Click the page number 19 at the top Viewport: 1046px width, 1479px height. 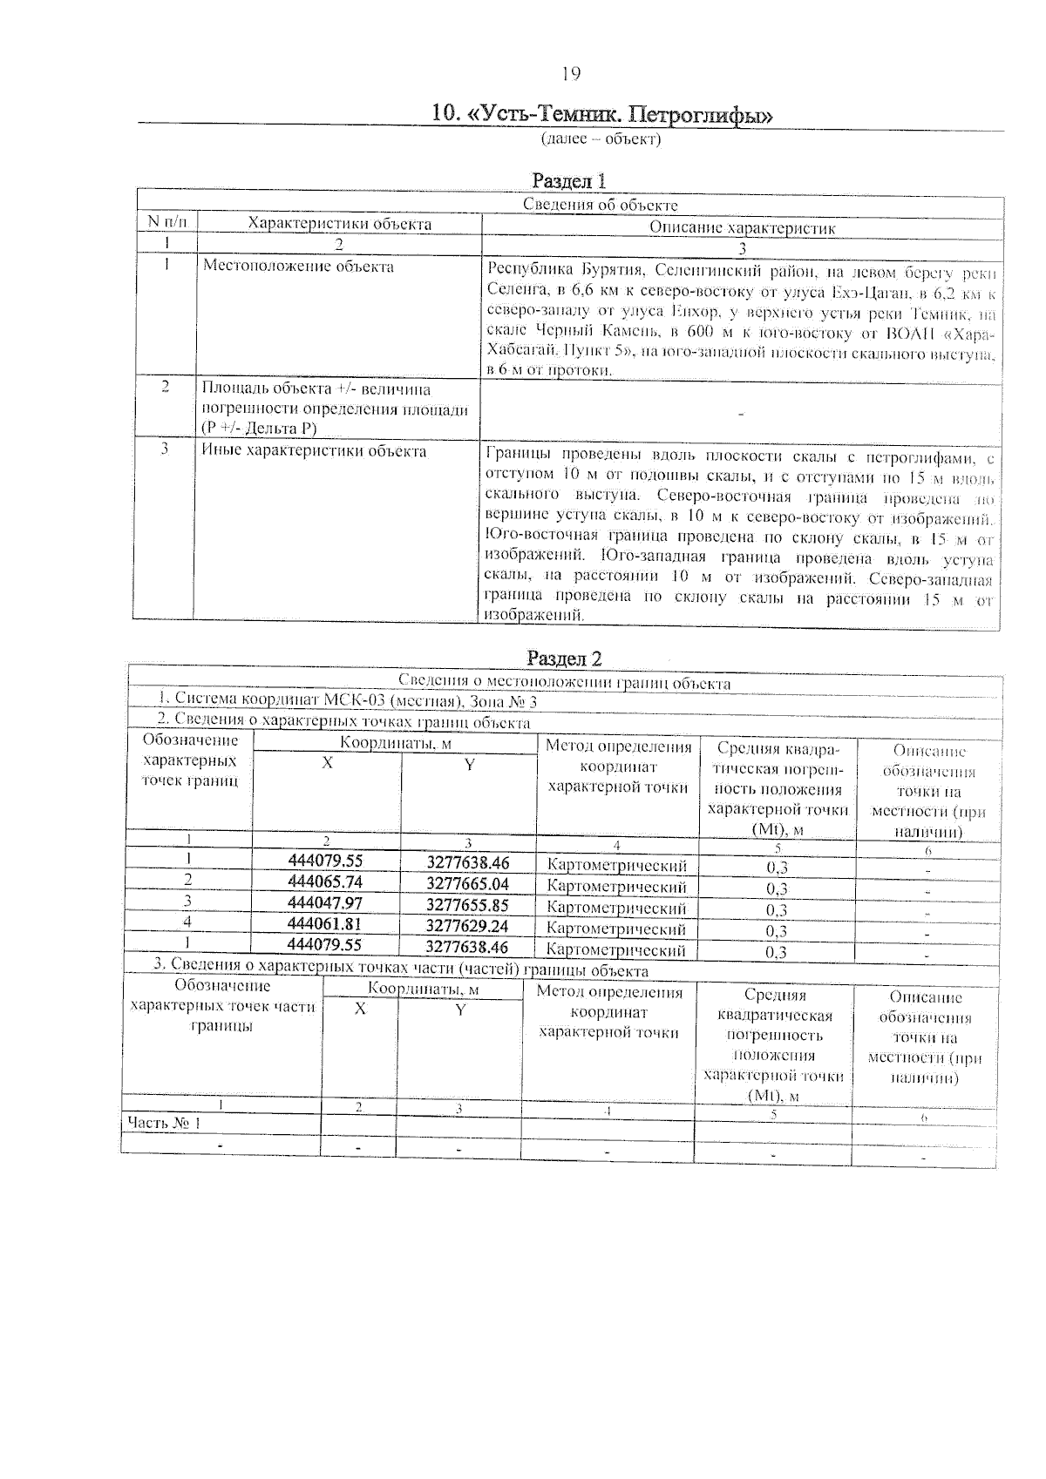point(571,74)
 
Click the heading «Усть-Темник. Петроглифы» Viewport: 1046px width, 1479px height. point(602,114)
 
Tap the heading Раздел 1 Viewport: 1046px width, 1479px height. point(568,180)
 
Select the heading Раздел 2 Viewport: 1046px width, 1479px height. point(564,658)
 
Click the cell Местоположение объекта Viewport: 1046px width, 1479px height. point(298,267)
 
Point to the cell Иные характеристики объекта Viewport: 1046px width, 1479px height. point(314,451)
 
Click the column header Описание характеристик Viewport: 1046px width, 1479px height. point(742,228)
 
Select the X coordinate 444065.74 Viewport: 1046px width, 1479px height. point(324,881)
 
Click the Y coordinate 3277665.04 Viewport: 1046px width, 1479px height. point(467,884)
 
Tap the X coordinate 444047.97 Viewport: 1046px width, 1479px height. point(324,902)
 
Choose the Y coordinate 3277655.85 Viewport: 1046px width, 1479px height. point(467,905)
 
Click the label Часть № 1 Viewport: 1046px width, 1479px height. point(164,1122)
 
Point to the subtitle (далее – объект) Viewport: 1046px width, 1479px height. point(601,139)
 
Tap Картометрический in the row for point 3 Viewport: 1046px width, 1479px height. point(616,908)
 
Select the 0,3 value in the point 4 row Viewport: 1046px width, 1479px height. point(777,931)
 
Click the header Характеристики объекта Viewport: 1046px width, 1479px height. point(339,224)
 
